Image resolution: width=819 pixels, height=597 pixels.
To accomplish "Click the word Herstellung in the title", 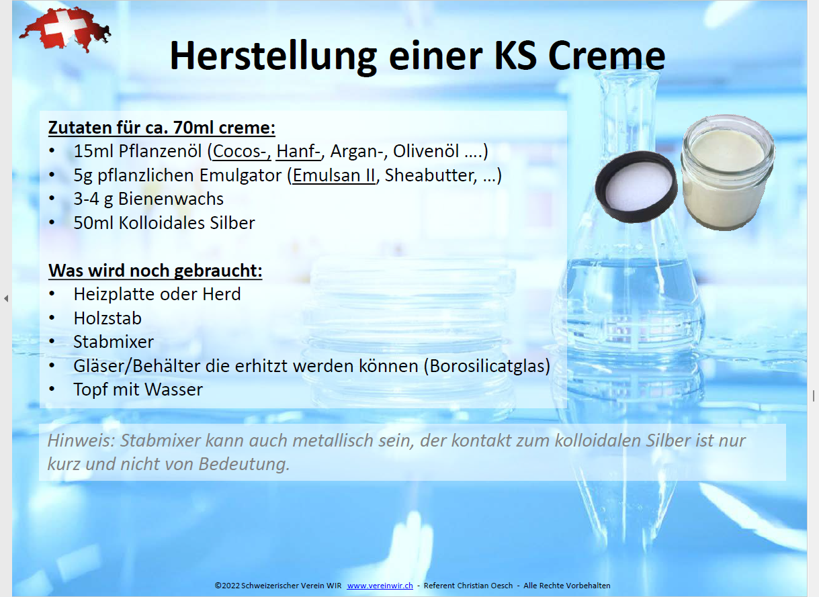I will [273, 56].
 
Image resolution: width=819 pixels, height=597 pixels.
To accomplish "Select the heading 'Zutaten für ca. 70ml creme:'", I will [161, 128].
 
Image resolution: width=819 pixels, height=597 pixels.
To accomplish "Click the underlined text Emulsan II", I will [334, 175].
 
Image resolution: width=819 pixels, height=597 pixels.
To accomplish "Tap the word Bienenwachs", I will [172, 199].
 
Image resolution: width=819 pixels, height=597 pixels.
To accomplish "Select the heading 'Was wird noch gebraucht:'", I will [155, 271].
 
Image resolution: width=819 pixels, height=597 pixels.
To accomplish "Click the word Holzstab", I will [107, 318].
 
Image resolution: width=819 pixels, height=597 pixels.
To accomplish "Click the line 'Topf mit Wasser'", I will [138, 389].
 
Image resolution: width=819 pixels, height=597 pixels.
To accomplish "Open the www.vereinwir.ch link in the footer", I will [380, 586].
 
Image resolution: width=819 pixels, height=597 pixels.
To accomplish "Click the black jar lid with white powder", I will [637, 185].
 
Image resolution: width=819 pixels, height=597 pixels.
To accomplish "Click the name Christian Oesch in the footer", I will [486, 586].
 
